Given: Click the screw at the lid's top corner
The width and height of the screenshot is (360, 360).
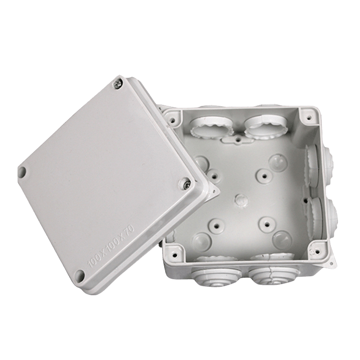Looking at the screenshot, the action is point(117,84).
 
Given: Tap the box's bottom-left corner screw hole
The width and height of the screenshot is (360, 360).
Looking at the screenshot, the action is point(175,255).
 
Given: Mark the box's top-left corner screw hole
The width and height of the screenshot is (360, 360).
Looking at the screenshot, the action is point(173,119).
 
